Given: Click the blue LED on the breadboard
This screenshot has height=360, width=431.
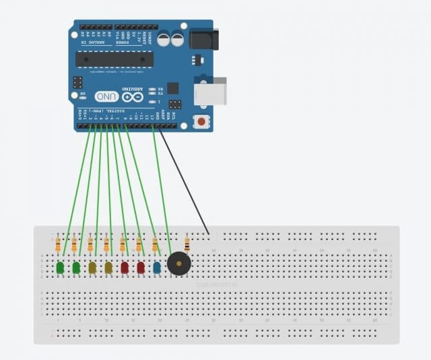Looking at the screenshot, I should [x=157, y=267].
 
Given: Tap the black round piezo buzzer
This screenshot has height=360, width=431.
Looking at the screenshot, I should [x=178, y=264].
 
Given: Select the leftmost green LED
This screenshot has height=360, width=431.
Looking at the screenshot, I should [x=60, y=267].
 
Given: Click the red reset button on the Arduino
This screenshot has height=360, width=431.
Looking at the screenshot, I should [x=200, y=122].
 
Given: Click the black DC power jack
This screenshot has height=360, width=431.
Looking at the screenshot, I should [x=204, y=38].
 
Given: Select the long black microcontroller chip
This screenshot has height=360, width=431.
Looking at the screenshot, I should [x=114, y=59].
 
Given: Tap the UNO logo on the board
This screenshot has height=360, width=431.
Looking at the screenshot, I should [x=106, y=96].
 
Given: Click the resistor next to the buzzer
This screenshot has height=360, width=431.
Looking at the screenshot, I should [x=187, y=244].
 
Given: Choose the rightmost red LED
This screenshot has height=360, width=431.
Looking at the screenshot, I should [x=141, y=267].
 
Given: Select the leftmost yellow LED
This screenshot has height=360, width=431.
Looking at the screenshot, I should [x=92, y=267].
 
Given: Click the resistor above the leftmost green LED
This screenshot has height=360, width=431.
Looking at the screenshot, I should [x=58, y=244].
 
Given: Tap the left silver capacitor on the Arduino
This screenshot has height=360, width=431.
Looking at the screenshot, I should [x=163, y=39].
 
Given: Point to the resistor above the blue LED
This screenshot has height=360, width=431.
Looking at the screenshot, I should [x=155, y=244].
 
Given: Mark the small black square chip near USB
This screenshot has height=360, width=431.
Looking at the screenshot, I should [x=173, y=87].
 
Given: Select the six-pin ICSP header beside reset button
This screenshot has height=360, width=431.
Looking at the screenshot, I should [x=175, y=104].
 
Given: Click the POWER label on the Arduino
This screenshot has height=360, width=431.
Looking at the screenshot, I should [x=124, y=42].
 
